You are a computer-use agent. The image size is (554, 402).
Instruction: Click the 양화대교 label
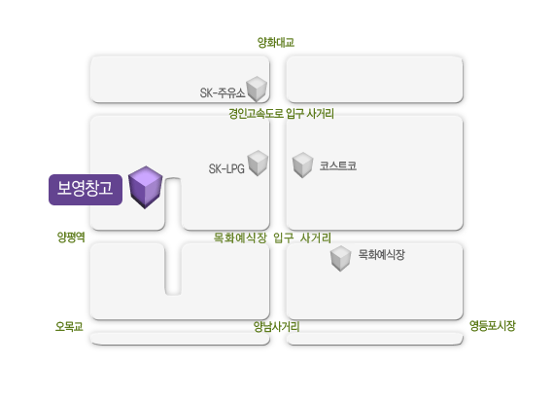click(x=276, y=43)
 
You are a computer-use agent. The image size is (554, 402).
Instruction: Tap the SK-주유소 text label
click(x=223, y=92)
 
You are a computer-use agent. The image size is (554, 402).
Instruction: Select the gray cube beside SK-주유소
click(x=257, y=89)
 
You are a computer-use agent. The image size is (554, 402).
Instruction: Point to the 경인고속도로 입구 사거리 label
click(x=281, y=114)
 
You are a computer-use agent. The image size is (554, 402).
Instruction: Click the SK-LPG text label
click(x=226, y=168)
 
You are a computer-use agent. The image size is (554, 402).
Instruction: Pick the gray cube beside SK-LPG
click(x=258, y=163)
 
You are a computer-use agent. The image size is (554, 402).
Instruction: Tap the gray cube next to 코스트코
click(x=303, y=164)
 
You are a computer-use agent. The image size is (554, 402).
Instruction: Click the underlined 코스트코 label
click(x=338, y=165)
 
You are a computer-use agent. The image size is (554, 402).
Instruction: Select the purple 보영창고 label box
click(x=86, y=190)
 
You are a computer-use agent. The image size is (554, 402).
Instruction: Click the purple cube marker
click(x=145, y=187)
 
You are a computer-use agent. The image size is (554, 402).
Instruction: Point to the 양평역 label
click(x=71, y=237)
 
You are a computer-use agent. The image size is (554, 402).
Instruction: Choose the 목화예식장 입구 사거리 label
click(x=272, y=238)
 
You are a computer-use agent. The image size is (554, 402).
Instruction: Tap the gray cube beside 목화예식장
click(x=340, y=258)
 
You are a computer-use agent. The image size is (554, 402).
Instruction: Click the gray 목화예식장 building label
click(x=382, y=254)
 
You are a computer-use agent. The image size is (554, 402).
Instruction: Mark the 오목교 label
click(x=69, y=326)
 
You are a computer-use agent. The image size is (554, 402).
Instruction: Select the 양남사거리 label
click(x=277, y=326)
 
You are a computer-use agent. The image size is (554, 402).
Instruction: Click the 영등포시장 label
click(x=493, y=325)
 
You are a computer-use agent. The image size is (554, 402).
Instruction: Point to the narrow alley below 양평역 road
click(x=173, y=269)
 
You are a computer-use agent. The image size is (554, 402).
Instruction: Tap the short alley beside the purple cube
click(x=173, y=203)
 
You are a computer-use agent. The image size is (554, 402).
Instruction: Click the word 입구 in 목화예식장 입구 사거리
click(x=284, y=238)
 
